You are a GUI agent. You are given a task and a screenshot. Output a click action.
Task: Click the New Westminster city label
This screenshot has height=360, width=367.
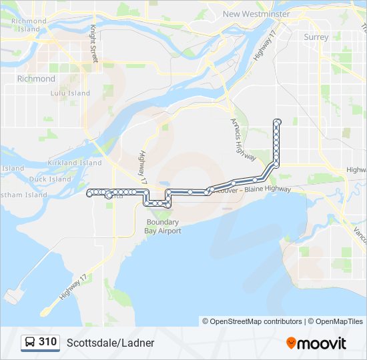(x=256, y=13)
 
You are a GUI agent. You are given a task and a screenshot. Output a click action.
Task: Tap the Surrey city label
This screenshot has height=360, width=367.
(x=316, y=37)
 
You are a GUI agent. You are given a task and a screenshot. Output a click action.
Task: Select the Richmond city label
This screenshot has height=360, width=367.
(x=36, y=79)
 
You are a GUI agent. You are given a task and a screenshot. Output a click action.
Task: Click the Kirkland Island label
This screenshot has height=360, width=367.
(x=75, y=163)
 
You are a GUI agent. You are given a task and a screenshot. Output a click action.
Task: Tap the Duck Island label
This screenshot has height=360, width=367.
(x=50, y=179)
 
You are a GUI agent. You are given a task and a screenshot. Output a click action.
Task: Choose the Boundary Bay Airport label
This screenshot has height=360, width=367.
(x=163, y=226)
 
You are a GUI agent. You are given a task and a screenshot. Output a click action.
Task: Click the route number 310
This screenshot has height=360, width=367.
(x=47, y=342)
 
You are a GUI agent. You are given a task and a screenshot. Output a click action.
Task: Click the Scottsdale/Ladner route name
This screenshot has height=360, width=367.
(x=110, y=343)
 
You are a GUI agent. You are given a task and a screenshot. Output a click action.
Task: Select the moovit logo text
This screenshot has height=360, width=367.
(x=322, y=343)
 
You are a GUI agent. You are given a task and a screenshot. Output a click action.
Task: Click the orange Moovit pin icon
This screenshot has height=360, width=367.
(x=291, y=343)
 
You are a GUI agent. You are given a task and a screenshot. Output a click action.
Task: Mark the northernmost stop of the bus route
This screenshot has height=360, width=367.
(x=277, y=121)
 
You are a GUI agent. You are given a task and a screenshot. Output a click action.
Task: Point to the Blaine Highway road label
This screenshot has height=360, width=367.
(x=268, y=189)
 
